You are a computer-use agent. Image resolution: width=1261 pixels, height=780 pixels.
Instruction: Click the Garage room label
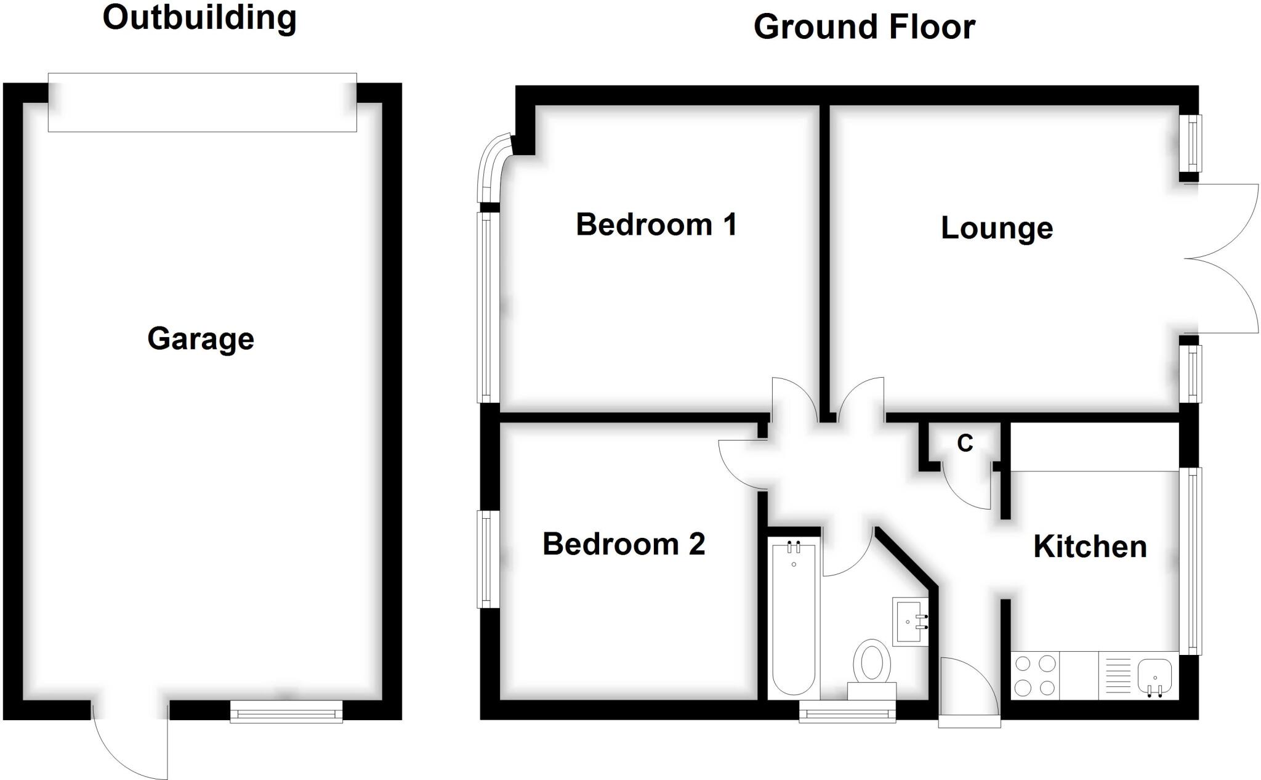pos(201,339)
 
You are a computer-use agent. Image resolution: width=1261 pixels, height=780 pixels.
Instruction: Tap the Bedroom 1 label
pos(656,224)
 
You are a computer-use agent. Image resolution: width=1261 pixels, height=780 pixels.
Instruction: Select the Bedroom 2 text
pos(623,544)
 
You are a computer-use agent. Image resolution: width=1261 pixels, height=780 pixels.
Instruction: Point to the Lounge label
pos(997,228)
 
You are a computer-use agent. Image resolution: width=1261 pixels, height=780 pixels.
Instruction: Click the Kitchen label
pos(1090,546)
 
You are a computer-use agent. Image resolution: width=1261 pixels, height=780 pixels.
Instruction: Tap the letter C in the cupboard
pos(965,443)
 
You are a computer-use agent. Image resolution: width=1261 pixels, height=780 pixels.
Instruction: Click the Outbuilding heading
pos(199,17)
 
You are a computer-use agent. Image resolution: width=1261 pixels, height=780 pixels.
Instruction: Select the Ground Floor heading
pos(864,27)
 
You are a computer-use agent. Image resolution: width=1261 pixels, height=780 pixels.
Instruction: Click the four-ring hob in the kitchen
pos(1035,675)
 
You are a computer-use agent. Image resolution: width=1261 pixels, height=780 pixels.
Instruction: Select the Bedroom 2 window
pos(488,559)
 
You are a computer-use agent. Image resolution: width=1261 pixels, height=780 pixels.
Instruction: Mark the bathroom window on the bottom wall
pos(847,714)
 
